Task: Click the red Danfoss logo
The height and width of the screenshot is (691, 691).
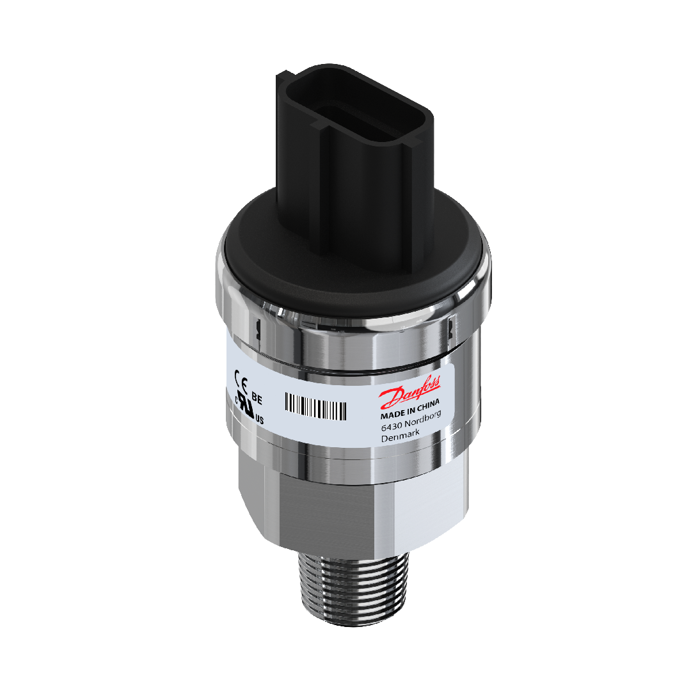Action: (x=409, y=392)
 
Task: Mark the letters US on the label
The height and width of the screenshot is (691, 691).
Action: (x=260, y=420)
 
